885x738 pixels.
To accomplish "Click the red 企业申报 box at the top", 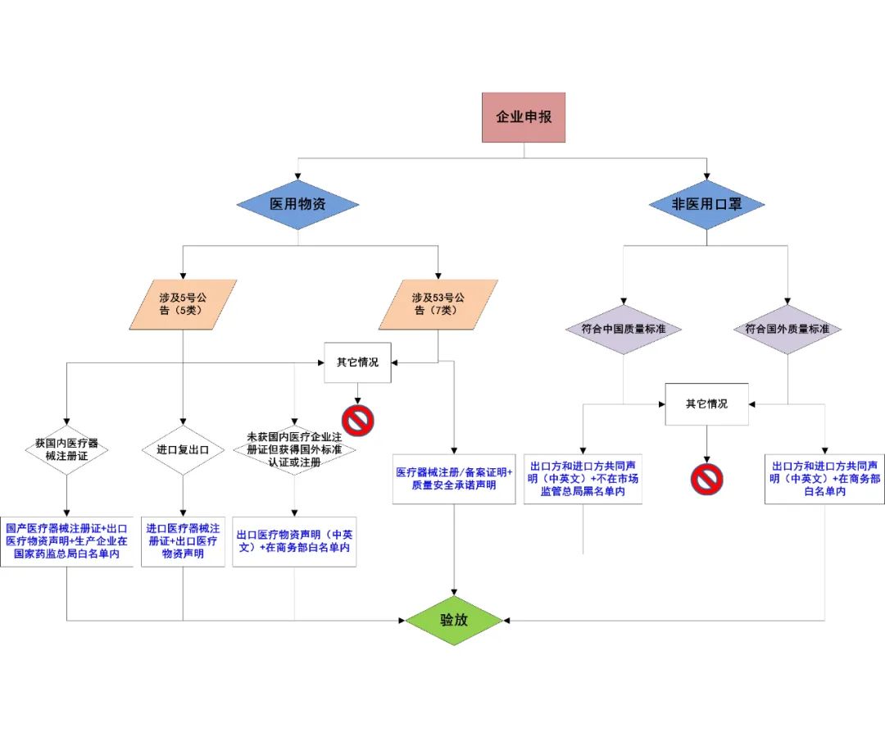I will tap(524, 117).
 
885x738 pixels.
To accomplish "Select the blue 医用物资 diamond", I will tap(297, 204).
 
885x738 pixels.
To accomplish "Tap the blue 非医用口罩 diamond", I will tap(706, 204).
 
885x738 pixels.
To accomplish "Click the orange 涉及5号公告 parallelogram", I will tap(184, 304).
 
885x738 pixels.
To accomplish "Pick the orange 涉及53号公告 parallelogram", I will tap(438, 304).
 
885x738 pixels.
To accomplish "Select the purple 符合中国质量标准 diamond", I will tap(624, 329).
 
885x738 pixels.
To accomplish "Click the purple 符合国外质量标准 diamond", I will tap(787, 329).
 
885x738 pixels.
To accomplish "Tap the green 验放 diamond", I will tap(454, 620).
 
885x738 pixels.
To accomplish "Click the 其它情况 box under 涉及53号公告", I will tap(357, 362).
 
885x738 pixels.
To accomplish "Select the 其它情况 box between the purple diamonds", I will tap(706, 403).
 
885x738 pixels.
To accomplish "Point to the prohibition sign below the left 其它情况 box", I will tap(358, 421).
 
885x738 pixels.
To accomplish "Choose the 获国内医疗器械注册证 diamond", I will tap(66, 449).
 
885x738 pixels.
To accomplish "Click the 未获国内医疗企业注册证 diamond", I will tap(294, 449).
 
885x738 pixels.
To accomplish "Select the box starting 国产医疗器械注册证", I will tap(66, 540).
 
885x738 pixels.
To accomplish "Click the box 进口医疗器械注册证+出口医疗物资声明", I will tap(183, 540).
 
